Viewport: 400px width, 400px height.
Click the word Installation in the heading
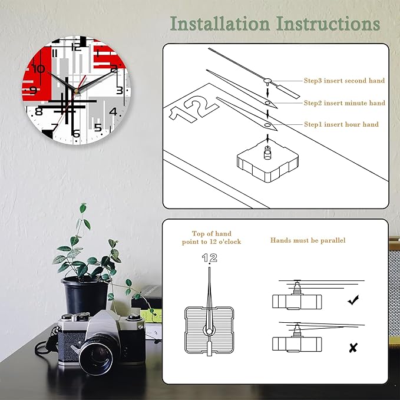(220, 24)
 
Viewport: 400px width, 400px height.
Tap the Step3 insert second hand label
(344, 81)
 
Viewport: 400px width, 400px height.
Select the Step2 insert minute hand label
(344, 103)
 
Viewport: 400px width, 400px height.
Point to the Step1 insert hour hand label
(341, 124)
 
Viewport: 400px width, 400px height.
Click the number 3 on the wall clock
(120, 90)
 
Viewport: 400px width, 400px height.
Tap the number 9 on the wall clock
(33, 91)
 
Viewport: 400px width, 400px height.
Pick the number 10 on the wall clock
(39, 69)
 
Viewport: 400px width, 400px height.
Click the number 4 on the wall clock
(113, 112)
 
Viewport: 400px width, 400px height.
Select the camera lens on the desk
(95, 355)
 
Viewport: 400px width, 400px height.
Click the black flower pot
(85, 294)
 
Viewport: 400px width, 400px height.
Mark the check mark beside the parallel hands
(353, 301)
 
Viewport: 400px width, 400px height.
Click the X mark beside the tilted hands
(353, 348)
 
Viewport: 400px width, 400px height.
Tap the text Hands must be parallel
(308, 240)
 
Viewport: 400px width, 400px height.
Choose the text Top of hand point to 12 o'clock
(211, 238)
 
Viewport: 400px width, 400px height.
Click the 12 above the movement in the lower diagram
(210, 257)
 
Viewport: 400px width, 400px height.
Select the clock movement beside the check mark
(297, 300)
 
